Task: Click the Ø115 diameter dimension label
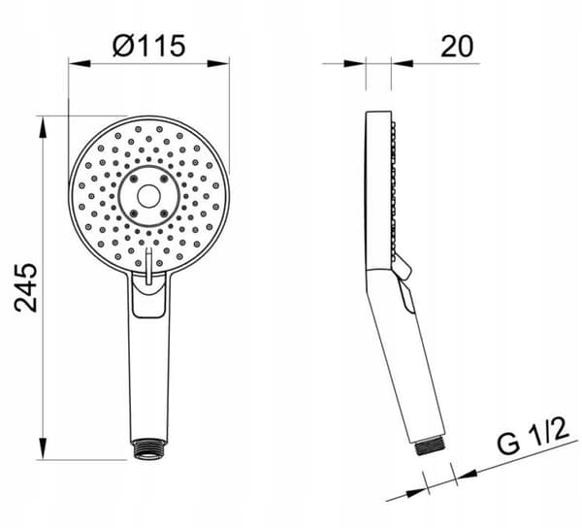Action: tap(148, 46)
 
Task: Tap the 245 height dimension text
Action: tap(25, 287)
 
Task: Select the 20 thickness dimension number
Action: tap(457, 46)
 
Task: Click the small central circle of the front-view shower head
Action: tap(148, 196)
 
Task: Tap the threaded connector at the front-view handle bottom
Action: tap(148, 449)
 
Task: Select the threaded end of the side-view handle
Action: tap(430, 445)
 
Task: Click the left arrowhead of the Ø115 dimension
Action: tap(80, 63)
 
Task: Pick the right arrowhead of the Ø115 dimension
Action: tap(218, 63)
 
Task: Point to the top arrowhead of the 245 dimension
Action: tap(44, 127)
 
